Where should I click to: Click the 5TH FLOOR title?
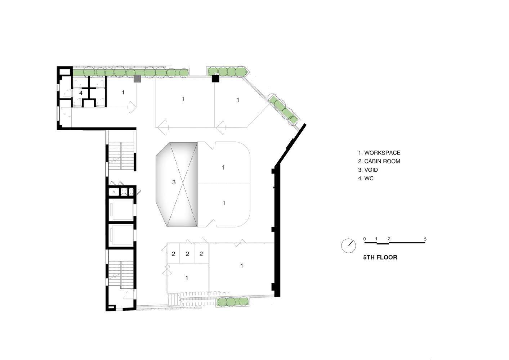tap(380, 257)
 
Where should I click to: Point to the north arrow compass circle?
tap(348, 246)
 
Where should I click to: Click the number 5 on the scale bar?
tap(425, 239)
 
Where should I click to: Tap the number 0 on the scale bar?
tap(365, 239)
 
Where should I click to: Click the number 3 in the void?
tap(174, 182)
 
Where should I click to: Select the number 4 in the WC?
tap(81, 93)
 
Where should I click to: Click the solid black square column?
tap(215, 78)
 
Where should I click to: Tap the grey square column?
tap(137, 78)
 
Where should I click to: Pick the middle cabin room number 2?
tap(187, 254)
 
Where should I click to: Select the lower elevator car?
tap(121, 235)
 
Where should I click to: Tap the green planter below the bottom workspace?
tap(232, 302)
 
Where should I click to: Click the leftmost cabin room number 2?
tap(173, 254)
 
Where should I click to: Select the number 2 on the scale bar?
tap(389, 239)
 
